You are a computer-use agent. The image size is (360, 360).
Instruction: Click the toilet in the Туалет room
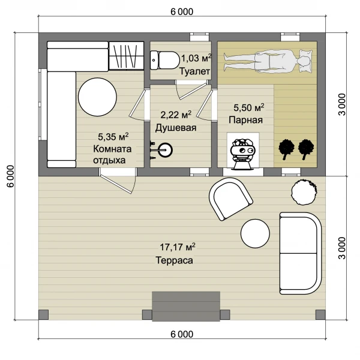[165, 60]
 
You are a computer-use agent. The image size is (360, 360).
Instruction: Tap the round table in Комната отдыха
[97, 97]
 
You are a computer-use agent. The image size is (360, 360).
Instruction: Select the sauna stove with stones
[242, 154]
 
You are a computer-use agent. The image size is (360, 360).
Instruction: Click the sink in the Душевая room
[165, 150]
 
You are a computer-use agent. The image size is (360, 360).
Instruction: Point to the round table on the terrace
[255, 233]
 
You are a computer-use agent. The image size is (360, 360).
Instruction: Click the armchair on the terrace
[230, 199]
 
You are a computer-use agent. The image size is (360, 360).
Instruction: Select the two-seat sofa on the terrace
[301, 253]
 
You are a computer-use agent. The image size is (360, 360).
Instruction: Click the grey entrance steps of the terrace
[186, 306]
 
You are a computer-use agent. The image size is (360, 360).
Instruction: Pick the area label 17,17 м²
[178, 247]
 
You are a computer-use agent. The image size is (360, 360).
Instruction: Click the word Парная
[245, 120]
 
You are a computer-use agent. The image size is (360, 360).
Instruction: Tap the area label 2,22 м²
[176, 115]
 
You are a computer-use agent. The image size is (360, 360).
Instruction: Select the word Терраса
[174, 260]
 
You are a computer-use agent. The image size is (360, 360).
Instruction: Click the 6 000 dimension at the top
[182, 11]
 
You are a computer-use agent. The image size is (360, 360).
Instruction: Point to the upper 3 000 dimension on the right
[342, 104]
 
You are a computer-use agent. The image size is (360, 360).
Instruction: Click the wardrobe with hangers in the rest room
[126, 55]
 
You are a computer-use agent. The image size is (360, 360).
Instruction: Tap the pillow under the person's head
[306, 61]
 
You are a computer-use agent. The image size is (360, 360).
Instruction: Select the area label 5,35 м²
[113, 137]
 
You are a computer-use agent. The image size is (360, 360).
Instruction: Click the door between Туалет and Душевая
[191, 90]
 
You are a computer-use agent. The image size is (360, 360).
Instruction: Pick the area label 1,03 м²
[196, 58]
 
